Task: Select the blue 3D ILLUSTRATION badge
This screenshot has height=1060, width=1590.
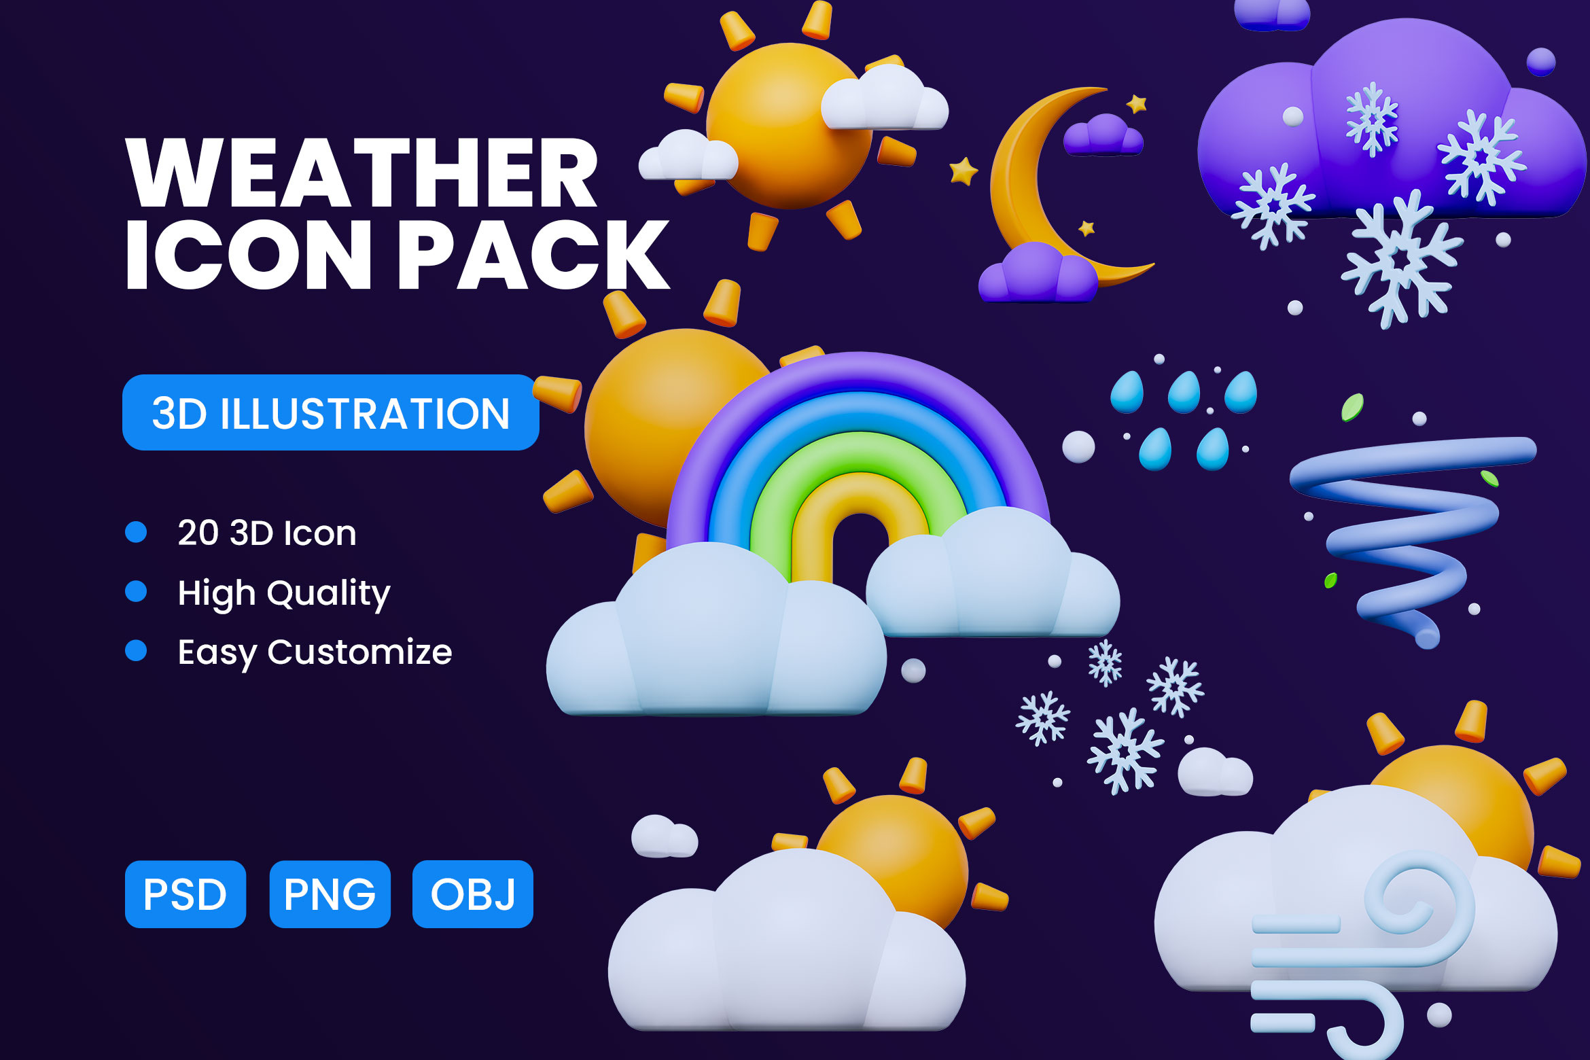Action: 331,412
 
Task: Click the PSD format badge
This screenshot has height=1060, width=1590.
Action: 185,894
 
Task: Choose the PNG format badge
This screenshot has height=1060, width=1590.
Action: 330,894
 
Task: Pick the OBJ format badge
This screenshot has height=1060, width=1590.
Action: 473,894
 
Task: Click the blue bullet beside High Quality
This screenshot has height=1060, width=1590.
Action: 136,591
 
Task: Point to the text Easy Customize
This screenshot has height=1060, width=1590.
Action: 315,652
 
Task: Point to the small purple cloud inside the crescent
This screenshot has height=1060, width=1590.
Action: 1103,135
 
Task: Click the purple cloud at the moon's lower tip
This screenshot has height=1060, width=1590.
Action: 1037,273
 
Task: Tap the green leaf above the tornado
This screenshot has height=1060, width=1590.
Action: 1352,407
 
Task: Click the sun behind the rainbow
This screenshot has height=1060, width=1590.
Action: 652,421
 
